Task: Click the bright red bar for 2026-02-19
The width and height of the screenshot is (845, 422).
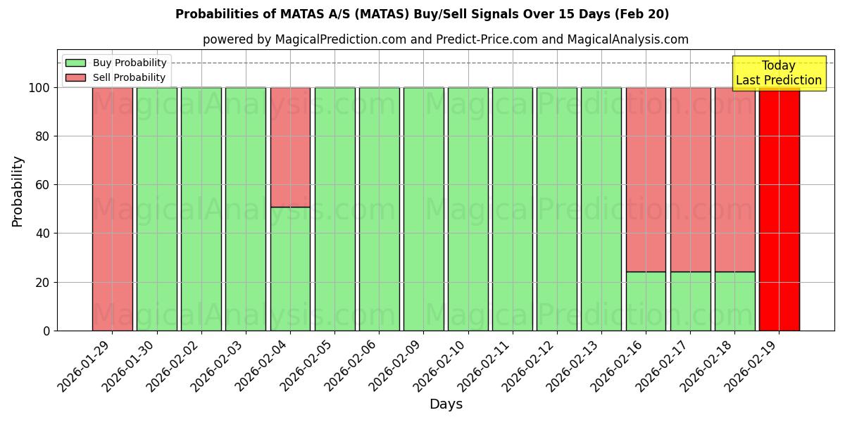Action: pos(779,211)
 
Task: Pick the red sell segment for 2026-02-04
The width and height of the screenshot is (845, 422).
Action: pos(290,147)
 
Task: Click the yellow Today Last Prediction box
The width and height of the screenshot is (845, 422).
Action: pos(778,73)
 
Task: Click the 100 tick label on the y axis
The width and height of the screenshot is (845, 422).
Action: pos(39,88)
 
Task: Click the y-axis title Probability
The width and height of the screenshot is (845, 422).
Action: pos(18,191)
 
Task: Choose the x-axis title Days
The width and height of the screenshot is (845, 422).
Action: pos(446,404)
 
